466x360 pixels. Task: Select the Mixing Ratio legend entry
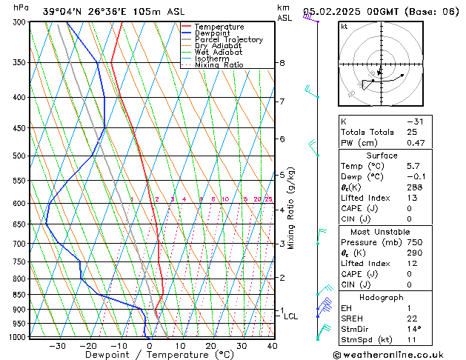(219, 65)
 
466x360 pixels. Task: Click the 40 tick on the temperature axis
(272, 346)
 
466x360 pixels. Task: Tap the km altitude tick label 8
(282, 64)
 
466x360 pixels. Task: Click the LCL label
(291, 316)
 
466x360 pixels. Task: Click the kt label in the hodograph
(344, 27)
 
